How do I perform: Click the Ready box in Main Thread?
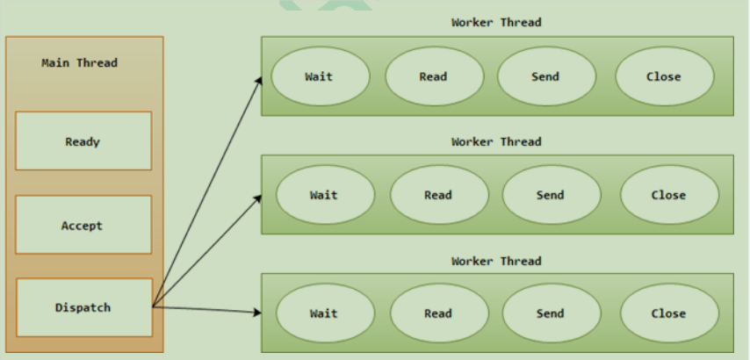coord(83,140)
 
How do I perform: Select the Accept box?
coord(83,225)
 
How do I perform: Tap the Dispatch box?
coord(83,307)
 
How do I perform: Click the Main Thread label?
coord(79,63)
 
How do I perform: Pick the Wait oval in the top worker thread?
coord(320,76)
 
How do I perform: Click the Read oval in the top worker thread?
coord(434,76)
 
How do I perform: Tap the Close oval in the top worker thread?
coord(664,76)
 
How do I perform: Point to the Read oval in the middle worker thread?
coord(439,195)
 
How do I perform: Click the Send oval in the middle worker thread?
coord(552,195)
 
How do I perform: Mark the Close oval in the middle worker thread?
coord(669,195)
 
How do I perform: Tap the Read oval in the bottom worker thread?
coord(439,313)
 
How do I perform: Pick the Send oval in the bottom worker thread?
coord(552,313)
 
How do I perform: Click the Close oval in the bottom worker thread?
coord(669,313)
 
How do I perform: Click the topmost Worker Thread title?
coord(496,22)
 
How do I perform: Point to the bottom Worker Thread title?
coord(496,261)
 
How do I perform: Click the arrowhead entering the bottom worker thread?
coord(256,312)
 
